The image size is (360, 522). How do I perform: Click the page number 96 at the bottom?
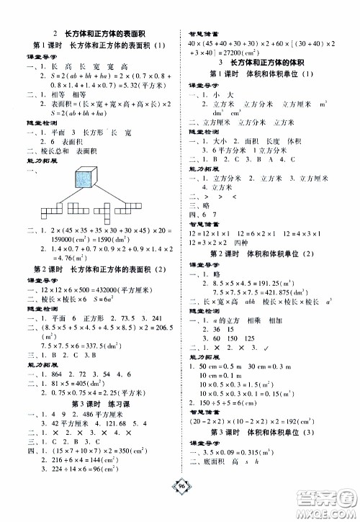click(x=180, y=504)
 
